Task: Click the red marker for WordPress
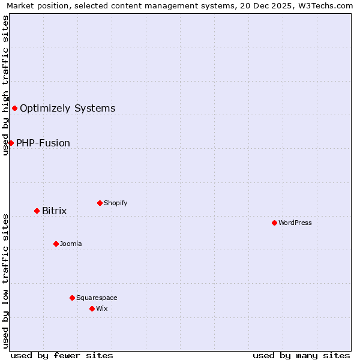[274, 223]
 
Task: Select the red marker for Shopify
[100, 203]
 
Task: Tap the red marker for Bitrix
[37, 211]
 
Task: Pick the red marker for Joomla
[56, 244]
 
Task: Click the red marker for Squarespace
[72, 298]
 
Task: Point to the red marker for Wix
[92, 308]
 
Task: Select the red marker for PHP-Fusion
[11, 143]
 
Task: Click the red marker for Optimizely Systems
[14, 108]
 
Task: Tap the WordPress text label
[295, 223]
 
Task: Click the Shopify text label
[115, 203]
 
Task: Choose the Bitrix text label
[54, 211]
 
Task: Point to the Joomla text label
[71, 244]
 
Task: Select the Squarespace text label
[97, 298]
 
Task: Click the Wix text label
[101, 308]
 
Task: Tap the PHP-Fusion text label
[43, 143]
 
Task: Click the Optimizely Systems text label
[67, 108]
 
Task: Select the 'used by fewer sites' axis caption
[62, 355]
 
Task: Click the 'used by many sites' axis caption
[301, 355]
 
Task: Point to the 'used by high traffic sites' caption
[5, 85]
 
